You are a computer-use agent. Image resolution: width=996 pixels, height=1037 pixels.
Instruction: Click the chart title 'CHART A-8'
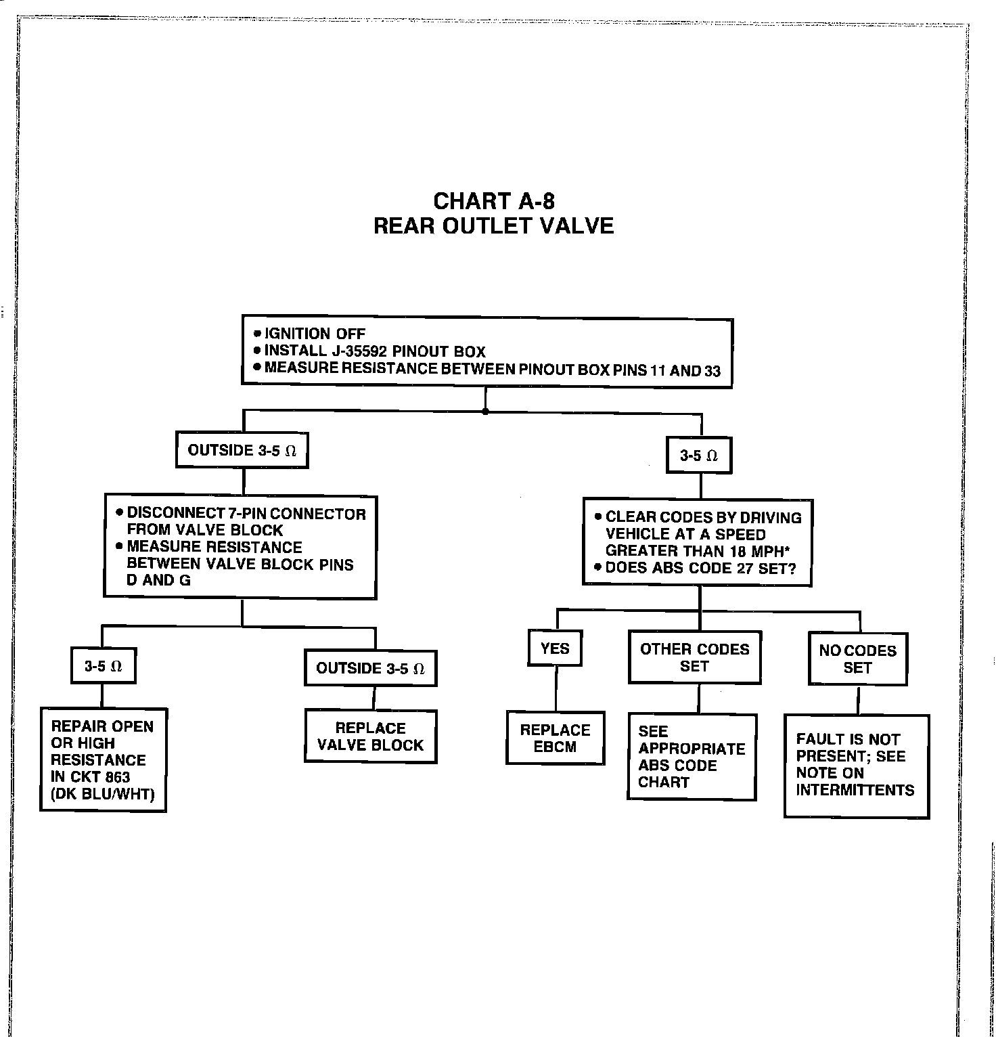pyautogui.click(x=494, y=201)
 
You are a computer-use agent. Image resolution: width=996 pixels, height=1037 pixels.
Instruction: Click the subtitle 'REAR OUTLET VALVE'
pyautogui.click(x=494, y=225)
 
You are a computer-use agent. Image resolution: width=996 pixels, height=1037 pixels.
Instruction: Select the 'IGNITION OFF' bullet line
pyautogui.click(x=314, y=334)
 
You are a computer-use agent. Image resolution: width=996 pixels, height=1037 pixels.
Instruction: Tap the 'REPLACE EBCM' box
pyautogui.click(x=555, y=738)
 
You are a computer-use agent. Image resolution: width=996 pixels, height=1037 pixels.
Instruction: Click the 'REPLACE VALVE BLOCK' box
pyautogui.click(x=370, y=736)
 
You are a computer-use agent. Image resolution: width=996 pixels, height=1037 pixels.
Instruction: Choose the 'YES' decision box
pyautogui.click(x=555, y=648)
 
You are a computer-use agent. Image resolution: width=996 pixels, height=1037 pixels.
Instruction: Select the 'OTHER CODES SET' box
pyautogui.click(x=694, y=657)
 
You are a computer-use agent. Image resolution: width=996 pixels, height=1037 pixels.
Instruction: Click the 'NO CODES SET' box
pyautogui.click(x=857, y=659)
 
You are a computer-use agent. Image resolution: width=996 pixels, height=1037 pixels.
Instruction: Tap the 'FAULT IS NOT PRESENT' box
pyautogui.click(x=857, y=765)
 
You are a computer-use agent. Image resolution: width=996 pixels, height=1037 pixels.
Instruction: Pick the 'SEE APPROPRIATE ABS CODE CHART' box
pyautogui.click(x=692, y=757)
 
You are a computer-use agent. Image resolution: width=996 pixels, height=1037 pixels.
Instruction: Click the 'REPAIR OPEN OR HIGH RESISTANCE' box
pyautogui.click(x=103, y=759)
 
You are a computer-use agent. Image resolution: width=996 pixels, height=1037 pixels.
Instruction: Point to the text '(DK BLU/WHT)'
pyautogui.click(x=103, y=794)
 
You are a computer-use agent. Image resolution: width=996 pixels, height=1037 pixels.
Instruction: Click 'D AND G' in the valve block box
pyautogui.click(x=159, y=580)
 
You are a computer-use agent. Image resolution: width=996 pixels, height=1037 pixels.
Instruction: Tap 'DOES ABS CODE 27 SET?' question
pyautogui.click(x=700, y=568)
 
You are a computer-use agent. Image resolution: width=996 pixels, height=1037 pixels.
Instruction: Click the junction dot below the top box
pyautogui.click(x=485, y=411)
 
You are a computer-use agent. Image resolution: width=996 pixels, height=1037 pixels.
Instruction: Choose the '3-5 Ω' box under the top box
pyautogui.click(x=699, y=456)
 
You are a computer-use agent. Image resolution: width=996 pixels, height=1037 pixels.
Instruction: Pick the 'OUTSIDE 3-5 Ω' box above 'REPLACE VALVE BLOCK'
pyautogui.click(x=370, y=669)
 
